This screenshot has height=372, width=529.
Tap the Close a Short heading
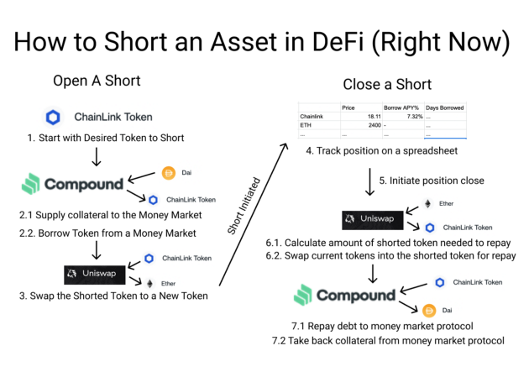[387, 84]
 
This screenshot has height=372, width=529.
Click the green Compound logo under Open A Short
[72, 184]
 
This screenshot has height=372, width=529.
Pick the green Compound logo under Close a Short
[344, 296]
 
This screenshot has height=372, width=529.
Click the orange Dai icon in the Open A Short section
[168, 174]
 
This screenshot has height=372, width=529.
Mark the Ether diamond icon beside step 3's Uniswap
[151, 283]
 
